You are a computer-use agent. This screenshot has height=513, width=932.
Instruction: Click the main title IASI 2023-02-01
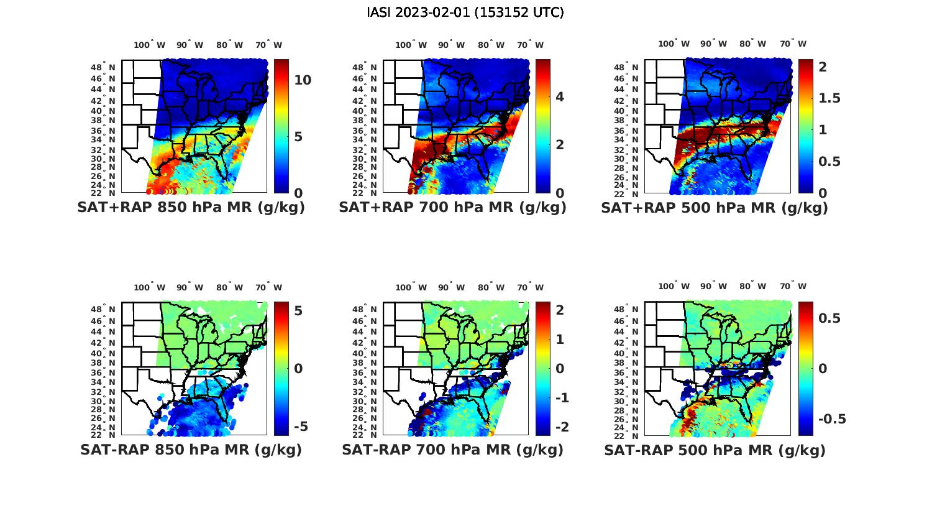click(x=465, y=12)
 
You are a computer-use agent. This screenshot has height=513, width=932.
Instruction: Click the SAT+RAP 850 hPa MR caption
click(x=191, y=208)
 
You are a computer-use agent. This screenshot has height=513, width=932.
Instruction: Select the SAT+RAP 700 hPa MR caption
click(x=452, y=208)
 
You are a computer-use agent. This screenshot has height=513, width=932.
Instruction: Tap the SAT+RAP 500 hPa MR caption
click(x=714, y=208)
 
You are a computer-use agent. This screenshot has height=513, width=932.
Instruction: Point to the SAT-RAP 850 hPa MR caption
click(x=191, y=450)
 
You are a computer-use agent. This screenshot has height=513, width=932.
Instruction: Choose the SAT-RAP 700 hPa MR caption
click(x=452, y=450)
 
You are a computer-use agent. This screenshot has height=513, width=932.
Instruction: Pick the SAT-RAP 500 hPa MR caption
click(x=715, y=450)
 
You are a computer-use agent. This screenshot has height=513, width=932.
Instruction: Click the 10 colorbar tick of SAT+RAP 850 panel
click(x=303, y=80)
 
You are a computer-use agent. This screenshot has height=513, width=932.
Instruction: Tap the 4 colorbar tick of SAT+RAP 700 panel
click(x=560, y=97)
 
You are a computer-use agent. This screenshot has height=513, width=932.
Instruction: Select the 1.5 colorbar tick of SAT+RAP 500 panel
click(x=829, y=98)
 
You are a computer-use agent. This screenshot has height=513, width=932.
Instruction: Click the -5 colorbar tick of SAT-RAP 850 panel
click(x=300, y=427)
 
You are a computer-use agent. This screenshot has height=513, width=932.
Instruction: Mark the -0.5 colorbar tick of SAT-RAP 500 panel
click(x=832, y=419)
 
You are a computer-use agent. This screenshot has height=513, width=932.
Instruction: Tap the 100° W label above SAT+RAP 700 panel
click(x=411, y=45)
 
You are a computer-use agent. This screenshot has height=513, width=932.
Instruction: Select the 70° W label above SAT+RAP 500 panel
click(x=793, y=44)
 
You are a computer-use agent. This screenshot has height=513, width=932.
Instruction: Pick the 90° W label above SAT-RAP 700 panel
click(x=451, y=287)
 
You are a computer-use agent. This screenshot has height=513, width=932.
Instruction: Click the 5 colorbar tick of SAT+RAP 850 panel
click(x=299, y=137)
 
